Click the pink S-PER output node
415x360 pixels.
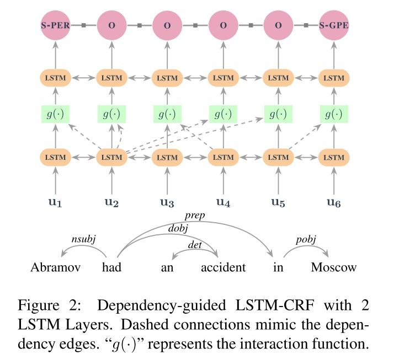[x=56, y=25]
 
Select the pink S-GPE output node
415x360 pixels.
[x=333, y=25]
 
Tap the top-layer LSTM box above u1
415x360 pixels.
[x=56, y=78]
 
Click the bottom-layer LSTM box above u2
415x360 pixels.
[x=111, y=157]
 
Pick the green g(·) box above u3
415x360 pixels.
[x=167, y=115]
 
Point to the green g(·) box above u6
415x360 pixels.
[x=333, y=115]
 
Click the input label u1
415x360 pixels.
[x=56, y=202]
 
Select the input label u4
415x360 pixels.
[x=223, y=202]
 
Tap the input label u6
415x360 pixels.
[x=333, y=202]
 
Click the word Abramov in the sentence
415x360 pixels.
[x=56, y=268]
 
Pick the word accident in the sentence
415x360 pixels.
[x=223, y=268]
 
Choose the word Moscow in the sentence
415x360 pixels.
[x=333, y=268]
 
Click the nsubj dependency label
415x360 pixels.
[x=84, y=239]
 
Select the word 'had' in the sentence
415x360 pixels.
[x=111, y=268]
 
